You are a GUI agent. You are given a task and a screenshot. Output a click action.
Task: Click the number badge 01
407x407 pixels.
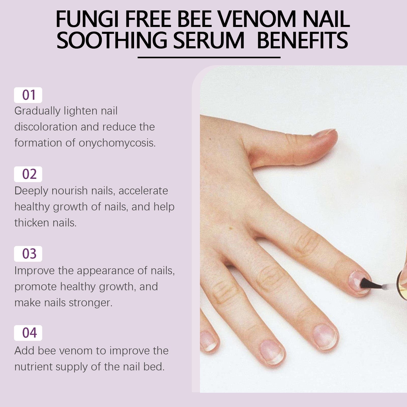(x=28, y=95)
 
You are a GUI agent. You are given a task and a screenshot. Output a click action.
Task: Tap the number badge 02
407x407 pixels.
(x=28, y=174)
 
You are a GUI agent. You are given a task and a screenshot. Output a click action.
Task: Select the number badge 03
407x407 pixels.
(x=28, y=254)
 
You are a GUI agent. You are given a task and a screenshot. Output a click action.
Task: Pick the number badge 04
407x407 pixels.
(x=28, y=333)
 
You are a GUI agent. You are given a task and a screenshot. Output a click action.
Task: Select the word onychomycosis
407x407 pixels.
(x=117, y=143)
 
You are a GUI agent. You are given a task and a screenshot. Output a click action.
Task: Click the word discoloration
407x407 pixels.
(x=46, y=127)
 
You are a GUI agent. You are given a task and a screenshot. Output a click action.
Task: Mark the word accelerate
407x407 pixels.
(x=143, y=191)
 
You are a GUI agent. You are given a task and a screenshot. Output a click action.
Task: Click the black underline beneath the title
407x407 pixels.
(x=209, y=57)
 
